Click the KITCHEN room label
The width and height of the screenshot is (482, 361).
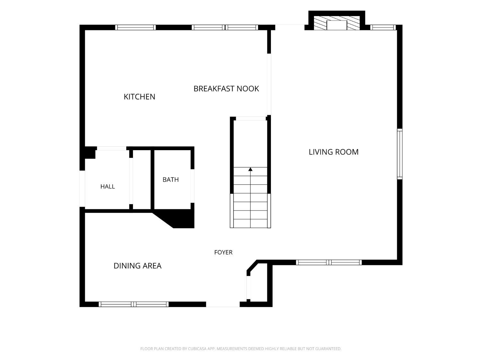(139, 97)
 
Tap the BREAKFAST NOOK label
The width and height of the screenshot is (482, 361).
(226, 89)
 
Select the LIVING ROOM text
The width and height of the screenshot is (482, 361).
(334, 152)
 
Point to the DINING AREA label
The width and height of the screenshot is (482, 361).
(138, 266)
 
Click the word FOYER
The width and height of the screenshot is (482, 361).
(223, 252)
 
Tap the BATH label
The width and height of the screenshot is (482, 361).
(171, 179)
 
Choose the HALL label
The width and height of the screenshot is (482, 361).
(108, 186)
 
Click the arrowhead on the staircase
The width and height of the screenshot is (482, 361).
(250, 169)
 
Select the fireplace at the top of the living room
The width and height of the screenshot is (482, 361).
(337, 23)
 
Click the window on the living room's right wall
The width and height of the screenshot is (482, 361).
(400, 154)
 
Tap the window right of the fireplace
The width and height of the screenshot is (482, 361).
(383, 27)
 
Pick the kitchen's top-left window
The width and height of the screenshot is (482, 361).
(136, 27)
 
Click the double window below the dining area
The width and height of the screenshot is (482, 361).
(134, 304)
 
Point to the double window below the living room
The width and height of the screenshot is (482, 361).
(329, 262)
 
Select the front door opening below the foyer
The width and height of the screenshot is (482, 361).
(223, 304)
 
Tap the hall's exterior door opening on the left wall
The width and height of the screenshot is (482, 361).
(82, 188)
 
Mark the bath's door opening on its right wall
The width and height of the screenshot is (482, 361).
(192, 186)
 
